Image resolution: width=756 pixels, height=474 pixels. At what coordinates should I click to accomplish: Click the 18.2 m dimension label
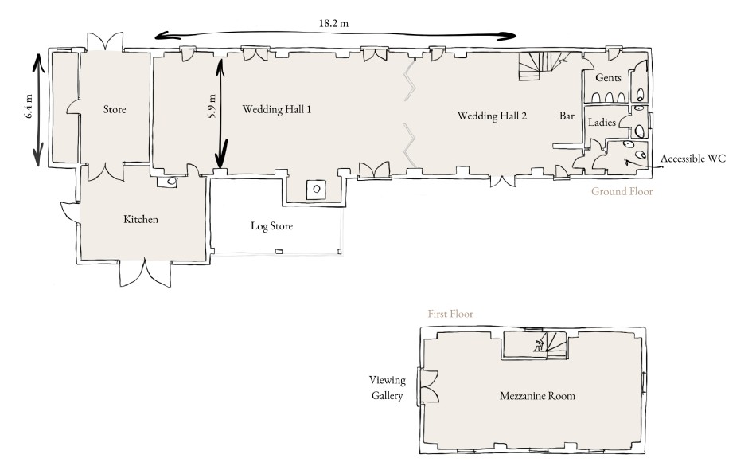[333, 23]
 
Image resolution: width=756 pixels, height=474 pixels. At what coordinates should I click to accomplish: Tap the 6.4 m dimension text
[29, 106]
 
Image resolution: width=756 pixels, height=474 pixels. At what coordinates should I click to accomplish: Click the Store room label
[115, 110]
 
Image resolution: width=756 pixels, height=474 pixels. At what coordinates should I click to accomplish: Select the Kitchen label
[141, 220]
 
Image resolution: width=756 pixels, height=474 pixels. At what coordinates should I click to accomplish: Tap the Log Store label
[271, 226]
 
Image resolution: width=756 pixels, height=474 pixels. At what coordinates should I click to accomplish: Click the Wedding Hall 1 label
[277, 110]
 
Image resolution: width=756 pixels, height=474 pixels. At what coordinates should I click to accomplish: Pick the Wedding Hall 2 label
[492, 116]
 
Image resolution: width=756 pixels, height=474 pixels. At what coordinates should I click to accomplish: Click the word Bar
[567, 116]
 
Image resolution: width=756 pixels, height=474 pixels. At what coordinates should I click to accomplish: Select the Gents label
[608, 78]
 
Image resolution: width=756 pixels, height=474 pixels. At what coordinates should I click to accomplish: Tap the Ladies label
[602, 123]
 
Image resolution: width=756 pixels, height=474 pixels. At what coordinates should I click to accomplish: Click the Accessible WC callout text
[693, 159]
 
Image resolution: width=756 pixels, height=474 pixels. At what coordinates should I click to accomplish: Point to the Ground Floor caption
[622, 192]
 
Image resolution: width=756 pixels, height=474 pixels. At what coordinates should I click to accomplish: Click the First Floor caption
[450, 314]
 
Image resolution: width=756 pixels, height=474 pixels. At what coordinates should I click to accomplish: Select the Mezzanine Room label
[538, 396]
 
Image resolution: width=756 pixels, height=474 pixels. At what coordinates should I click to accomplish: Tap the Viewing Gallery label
[388, 388]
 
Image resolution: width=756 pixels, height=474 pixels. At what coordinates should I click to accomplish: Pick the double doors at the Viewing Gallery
[429, 386]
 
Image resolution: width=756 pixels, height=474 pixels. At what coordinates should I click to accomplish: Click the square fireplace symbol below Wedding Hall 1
[317, 190]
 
